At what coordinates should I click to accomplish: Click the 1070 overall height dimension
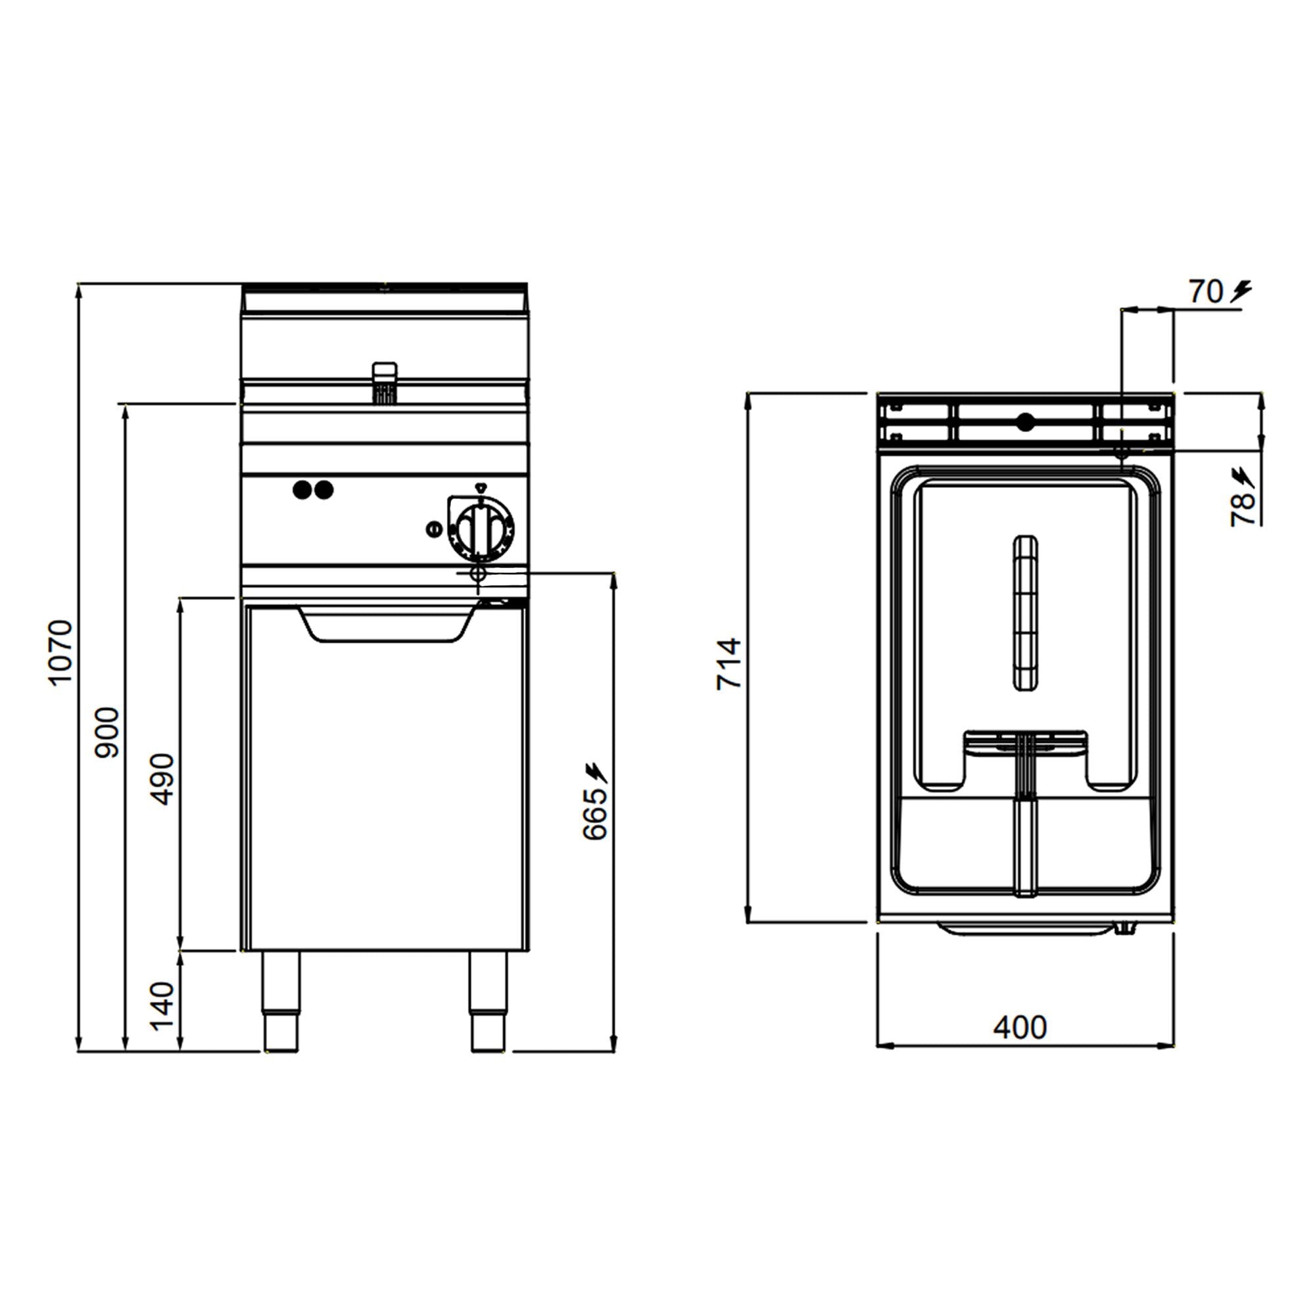pyautogui.click(x=60, y=652)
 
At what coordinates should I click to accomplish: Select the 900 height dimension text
pyautogui.click(x=107, y=733)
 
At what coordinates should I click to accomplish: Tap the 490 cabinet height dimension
pyautogui.click(x=162, y=778)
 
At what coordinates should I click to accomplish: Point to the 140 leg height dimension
pyautogui.click(x=162, y=1006)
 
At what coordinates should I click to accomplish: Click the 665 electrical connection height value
pyautogui.click(x=594, y=814)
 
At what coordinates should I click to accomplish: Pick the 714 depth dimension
pyautogui.click(x=728, y=663)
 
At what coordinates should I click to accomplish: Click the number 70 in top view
pyautogui.click(x=1206, y=292)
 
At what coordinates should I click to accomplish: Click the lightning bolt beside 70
pyautogui.click(x=1241, y=291)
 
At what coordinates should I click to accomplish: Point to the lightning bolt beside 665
pyautogui.click(x=596, y=772)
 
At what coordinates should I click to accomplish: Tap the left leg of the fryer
pyautogui.click(x=281, y=1001)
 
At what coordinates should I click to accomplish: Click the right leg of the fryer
pyautogui.click(x=488, y=1001)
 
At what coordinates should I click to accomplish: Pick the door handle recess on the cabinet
pyautogui.click(x=386, y=625)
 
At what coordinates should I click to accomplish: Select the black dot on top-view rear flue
pyautogui.click(x=1025, y=422)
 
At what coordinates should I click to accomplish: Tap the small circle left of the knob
pyautogui.click(x=433, y=529)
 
